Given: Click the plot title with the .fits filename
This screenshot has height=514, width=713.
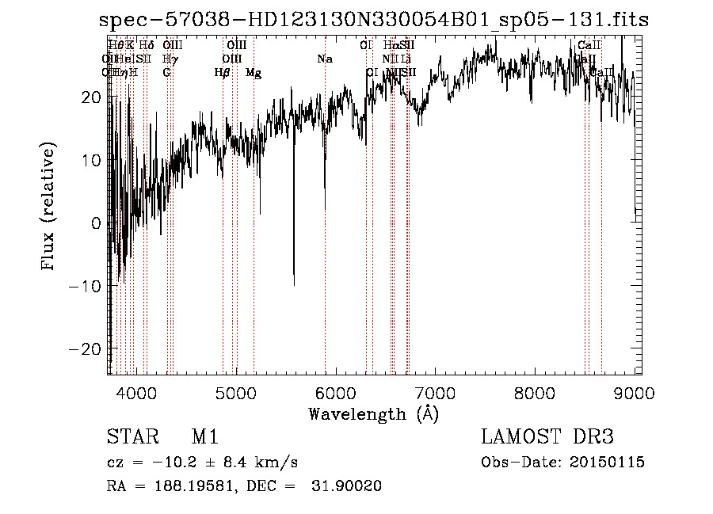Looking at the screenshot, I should click(373, 20).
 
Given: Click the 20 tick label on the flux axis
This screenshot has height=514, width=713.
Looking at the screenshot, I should click(90, 97).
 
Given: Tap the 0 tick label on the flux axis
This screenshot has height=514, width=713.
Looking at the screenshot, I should click(95, 223).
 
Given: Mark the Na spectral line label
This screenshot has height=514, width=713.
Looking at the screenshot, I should click(324, 59).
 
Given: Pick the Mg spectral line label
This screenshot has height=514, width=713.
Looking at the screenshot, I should click(254, 73).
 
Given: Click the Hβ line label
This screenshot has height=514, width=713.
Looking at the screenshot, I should click(223, 73).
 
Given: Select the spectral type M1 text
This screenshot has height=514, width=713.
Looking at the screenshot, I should click(204, 437).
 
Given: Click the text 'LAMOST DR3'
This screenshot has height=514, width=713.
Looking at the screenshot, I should click(547, 437).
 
